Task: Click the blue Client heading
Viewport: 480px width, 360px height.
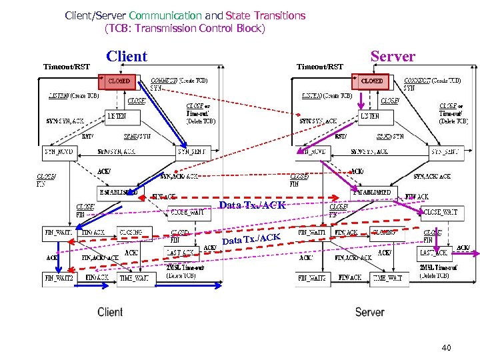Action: (x=127, y=57)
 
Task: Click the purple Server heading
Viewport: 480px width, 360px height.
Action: (x=393, y=57)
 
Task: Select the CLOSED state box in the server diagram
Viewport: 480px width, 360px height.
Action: (x=371, y=81)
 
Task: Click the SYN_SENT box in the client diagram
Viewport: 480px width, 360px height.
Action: (x=194, y=151)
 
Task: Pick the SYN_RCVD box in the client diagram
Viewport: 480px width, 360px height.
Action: (x=59, y=151)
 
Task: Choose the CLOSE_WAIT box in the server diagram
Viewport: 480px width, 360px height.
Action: (x=439, y=213)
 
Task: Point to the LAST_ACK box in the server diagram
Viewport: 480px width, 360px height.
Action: (x=435, y=253)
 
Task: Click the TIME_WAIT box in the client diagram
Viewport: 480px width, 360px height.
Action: (x=133, y=277)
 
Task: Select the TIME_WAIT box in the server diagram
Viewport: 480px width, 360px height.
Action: (x=387, y=277)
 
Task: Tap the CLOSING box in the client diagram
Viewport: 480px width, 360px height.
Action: (x=133, y=233)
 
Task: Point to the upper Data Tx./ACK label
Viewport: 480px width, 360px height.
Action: (x=252, y=205)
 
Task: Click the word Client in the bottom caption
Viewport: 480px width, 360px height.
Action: (x=110, y=312)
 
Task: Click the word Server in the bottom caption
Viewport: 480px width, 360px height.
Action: (x=369, y=312)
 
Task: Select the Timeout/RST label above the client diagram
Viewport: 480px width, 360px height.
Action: (x=67, y=67)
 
